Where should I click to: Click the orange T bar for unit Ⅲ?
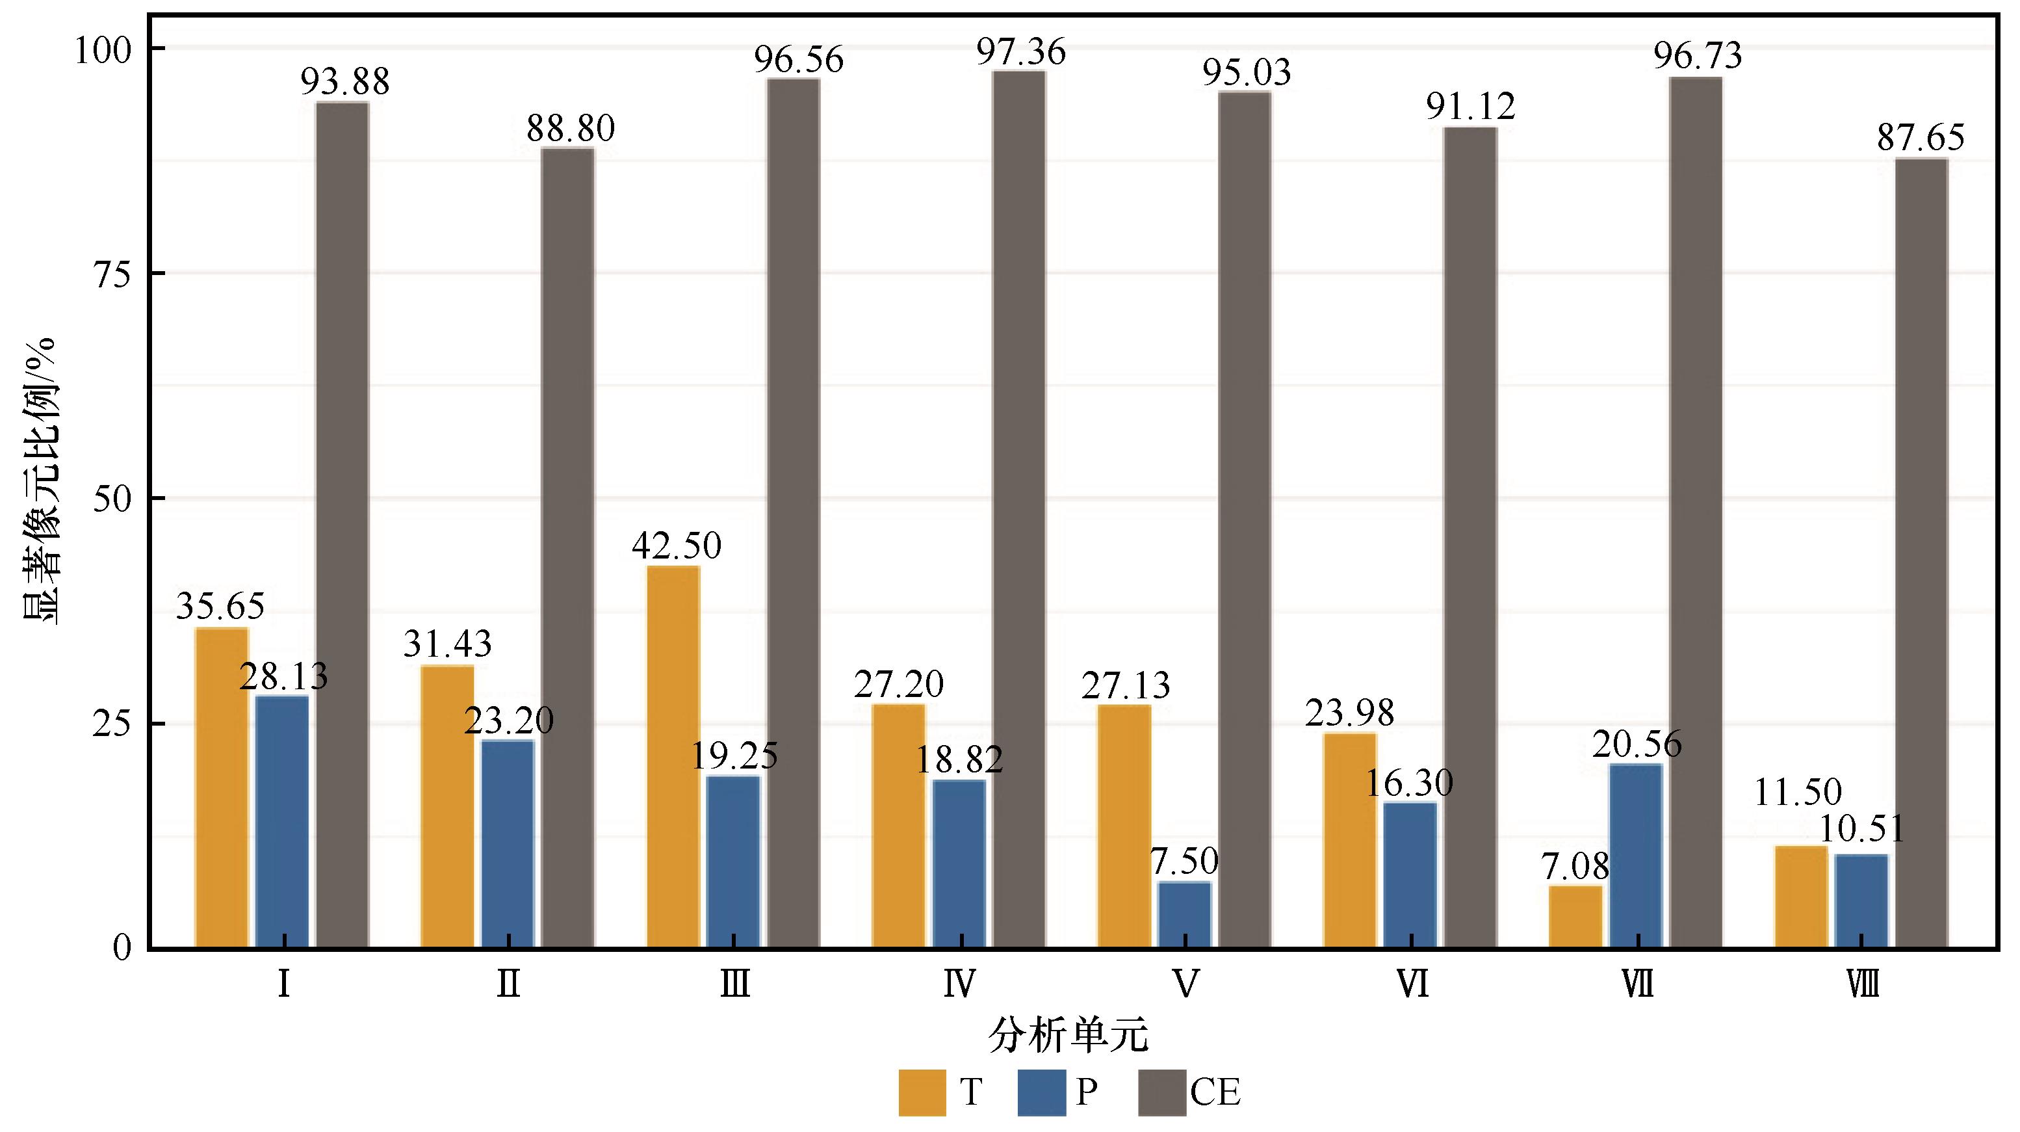pos(673,756)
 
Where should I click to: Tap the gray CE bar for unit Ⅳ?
pos(1019,510)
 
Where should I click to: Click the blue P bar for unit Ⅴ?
pos(1185,915)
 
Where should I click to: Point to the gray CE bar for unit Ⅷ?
pos(1922,553)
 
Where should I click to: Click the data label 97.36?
pos(1021,53)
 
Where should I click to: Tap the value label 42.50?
pos(677,546)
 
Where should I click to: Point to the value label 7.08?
pos(1575,867)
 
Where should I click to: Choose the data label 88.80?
pos(571,129)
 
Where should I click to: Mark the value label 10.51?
pos(1861,829)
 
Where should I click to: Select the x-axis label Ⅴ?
pos(1185,984)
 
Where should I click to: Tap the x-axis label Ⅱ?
pos(509,984)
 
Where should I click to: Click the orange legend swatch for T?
pos(922,1092)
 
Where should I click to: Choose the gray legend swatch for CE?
pos(1161,1092)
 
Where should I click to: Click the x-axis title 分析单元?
pos(1068,1037)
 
